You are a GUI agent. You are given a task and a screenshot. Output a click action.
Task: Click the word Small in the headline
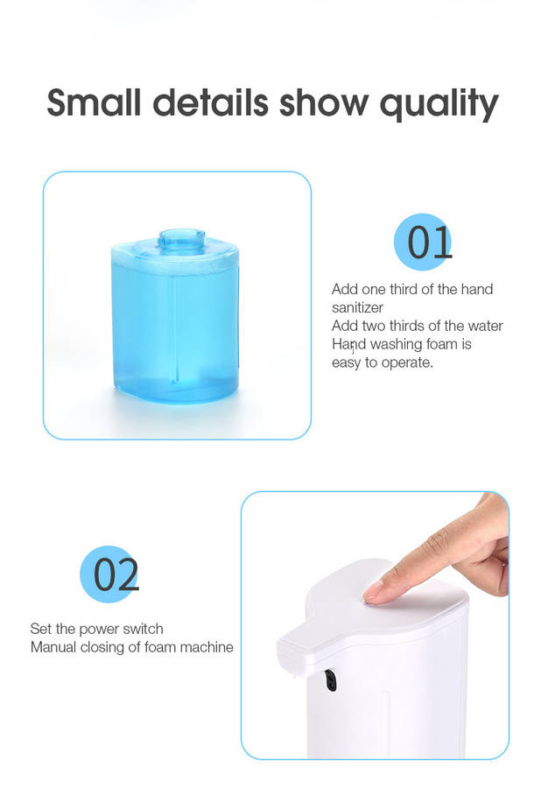tap(94, 102)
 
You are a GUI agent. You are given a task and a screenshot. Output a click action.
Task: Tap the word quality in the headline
tap(439, 104)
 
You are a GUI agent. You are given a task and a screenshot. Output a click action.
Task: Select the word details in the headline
tap(210, 102)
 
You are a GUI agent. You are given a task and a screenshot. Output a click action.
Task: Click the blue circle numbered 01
tap(423, 242)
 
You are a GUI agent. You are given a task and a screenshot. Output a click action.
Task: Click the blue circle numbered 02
tap(109, 573)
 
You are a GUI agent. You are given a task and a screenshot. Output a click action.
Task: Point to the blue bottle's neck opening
tap(181, 236)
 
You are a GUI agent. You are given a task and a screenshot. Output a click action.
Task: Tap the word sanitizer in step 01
tap(357, 307)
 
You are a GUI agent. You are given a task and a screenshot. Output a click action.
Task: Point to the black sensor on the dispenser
tap(330, 680)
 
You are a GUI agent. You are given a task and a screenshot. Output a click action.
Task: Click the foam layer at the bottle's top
tap(175, 259)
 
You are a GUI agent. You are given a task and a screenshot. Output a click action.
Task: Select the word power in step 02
tap(98, 630)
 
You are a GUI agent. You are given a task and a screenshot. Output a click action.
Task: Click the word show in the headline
tap(324, 102)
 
